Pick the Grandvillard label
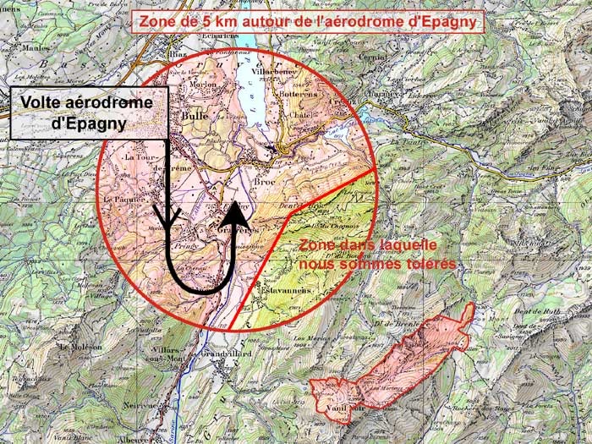click(x=228, y=354)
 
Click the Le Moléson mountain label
click(x=81, y=347)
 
